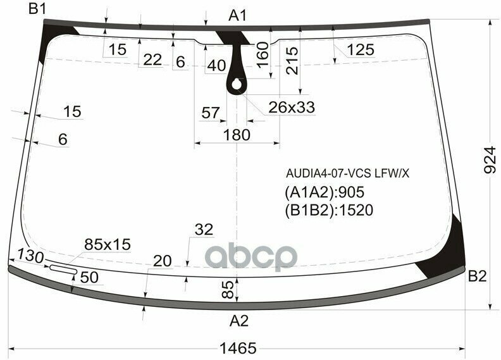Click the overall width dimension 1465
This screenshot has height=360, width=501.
[x=238, y=347]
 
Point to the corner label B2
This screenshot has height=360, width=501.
[x=477, y=276]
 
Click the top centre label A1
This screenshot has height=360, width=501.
[x=238, y=15]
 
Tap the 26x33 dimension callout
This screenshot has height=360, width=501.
[x=292, y=108]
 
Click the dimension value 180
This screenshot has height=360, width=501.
[x=237, y=135]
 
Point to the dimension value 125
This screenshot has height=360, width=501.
[x=361, y=50]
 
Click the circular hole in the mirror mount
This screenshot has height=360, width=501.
[x=237, y=82]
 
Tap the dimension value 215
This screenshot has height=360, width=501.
[x=292, y=61]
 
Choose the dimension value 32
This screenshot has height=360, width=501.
[x=204, y=230]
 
